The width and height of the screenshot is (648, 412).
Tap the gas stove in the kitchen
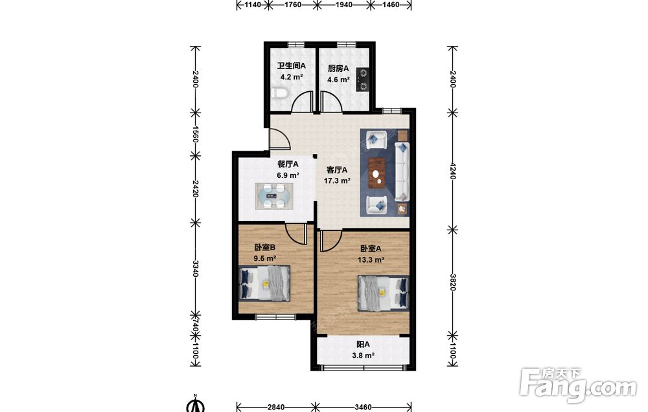pos(362,80)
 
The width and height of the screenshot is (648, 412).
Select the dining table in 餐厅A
pos(274,197)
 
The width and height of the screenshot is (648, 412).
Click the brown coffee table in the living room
pos(377,173)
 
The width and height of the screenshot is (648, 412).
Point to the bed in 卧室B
pos(264,283)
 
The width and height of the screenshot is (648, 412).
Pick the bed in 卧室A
pos(384,293)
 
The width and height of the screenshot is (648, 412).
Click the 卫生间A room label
pos(291,65)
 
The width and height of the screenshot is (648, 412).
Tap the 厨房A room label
pos(338,68)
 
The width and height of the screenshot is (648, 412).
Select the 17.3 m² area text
pos(337,180)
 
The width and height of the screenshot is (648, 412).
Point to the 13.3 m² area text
pos(371,260)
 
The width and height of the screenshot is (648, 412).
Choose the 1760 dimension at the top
pos(293,5)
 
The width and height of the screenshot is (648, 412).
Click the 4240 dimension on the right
pos(452,171)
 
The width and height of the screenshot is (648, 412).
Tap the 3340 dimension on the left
pos(196,268)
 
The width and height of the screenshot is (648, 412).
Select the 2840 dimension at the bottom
pos(275,407)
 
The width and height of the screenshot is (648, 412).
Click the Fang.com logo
pos(579,386)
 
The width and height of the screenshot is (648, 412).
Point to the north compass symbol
pos(196,404)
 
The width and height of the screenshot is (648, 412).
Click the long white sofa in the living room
pos(402,171)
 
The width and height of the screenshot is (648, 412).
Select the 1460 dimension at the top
pos(391,5)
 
